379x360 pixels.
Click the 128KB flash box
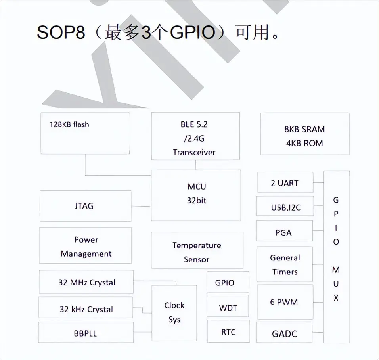[x=85, y=133]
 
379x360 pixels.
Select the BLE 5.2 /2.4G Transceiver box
[x=195, y=136]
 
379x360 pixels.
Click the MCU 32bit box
[x=196, y=195]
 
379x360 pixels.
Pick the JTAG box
[x=85, y=206]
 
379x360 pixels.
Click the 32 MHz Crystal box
[x=86, y=282]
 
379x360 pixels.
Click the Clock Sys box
[x=174, y=312]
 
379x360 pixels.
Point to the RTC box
[x=228, y=332]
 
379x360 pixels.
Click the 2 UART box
[x=285, y=183]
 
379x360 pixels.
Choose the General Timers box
[x=285, y=264]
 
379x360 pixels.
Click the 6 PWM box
[x=285, y=302]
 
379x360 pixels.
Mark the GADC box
[x=284, y=333]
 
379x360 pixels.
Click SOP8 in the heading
[x=61, y=33]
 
